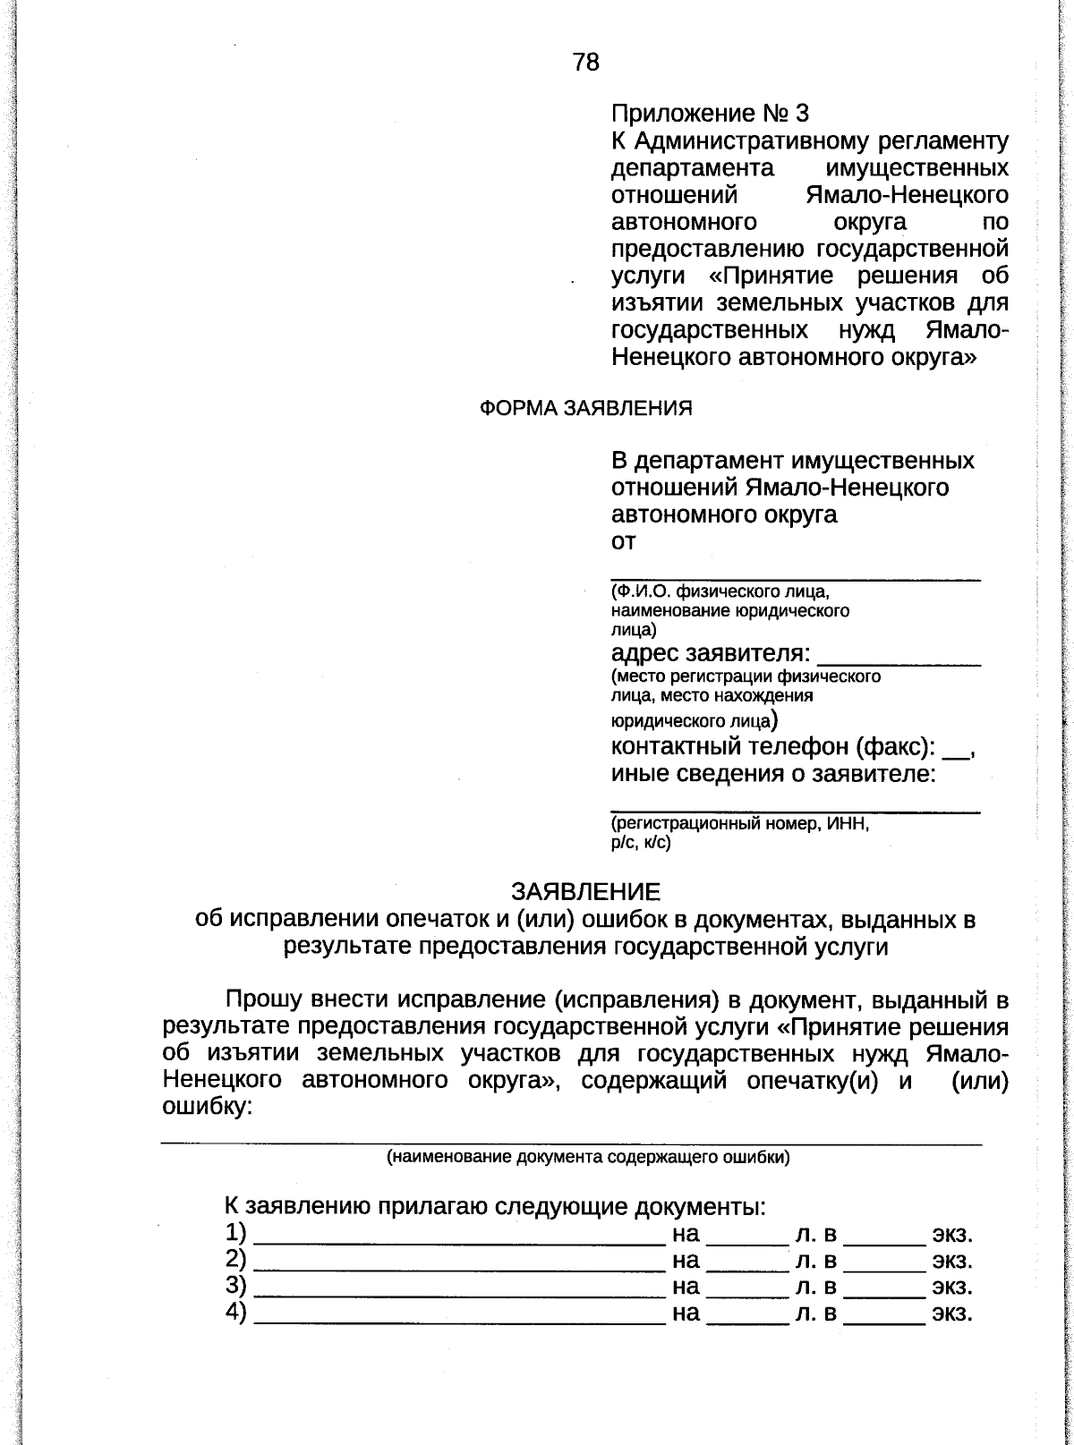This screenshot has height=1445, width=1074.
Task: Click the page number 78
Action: [x=586, y=62]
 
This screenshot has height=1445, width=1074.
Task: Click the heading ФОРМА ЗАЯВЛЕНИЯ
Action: [x=586, y=408]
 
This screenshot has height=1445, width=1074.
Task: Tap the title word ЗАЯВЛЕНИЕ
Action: [x=585, y=892]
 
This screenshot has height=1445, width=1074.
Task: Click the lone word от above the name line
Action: [x=623, y=541]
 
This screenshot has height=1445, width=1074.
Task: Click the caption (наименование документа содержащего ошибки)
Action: [x=587, y=1157]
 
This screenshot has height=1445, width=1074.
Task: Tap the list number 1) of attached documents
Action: [x=236, y=1232]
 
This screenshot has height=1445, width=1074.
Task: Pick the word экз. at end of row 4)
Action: [x=951, y=1313]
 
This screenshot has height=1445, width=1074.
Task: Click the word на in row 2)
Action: [x=685, y=1261]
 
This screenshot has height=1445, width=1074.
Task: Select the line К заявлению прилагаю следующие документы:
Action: [x=494, y=1207]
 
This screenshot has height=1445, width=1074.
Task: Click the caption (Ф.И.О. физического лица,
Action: [x=720, y=592]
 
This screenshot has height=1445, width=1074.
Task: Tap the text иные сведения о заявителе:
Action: [x=773, y=774]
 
